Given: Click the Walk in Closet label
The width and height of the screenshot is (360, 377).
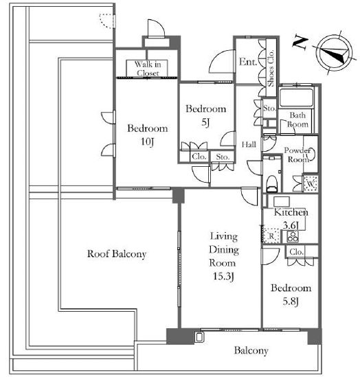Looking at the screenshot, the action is point(148,68).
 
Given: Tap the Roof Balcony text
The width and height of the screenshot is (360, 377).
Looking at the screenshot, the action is point(117,254).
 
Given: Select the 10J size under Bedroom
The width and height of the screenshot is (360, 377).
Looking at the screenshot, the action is point(148,141).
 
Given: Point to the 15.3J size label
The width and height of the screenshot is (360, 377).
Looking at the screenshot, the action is point(224,277).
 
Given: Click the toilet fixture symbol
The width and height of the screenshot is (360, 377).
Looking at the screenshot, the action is point(272,183).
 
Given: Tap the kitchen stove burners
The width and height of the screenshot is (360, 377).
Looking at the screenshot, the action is point(293,236).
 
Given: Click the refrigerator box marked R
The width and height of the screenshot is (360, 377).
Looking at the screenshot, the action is point(271,236).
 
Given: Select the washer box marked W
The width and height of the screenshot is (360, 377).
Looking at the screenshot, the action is point(311,184).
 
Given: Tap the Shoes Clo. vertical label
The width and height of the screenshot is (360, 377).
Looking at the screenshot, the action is point(271,68).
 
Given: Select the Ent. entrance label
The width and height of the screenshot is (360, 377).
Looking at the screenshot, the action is point(248,62).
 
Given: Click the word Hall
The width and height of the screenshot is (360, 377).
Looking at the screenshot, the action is point(249,144).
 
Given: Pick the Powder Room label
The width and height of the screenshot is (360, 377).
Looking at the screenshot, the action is point(297,155).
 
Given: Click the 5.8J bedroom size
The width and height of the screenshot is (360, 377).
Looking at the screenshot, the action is point(291,301).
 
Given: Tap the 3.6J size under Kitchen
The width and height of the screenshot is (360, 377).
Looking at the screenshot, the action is point(291,225).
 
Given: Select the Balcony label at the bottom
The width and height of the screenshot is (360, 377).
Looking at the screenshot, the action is point(251,350).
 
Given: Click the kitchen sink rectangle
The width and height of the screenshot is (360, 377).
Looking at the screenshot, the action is point(282,202).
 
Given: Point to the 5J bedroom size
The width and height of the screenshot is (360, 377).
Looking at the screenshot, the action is point(205,123).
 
